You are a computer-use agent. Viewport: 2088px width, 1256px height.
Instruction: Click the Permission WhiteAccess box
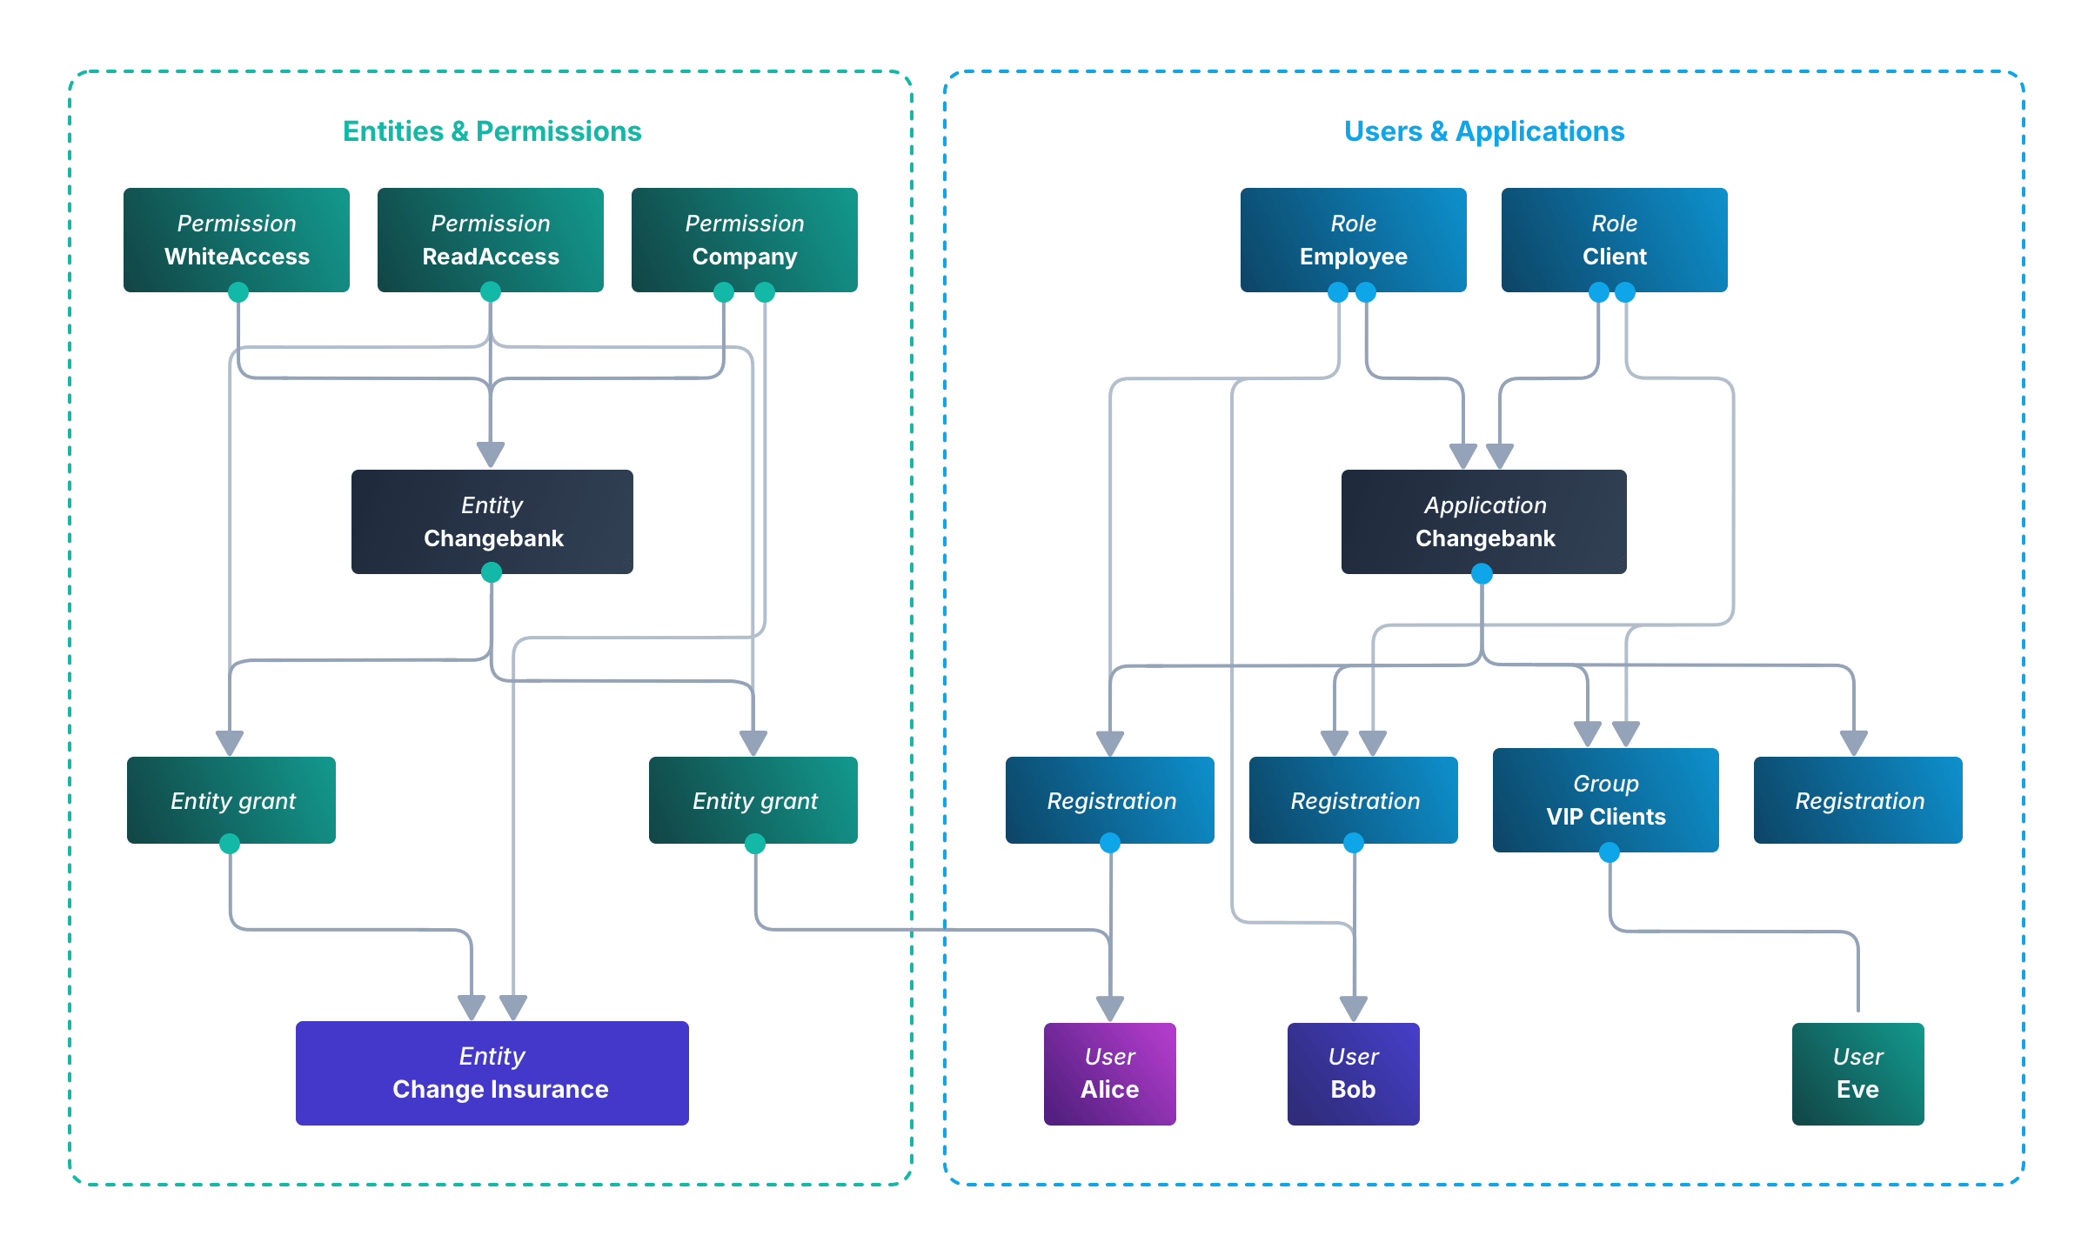(237, 239)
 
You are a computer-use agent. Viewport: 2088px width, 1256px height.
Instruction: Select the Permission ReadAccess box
(491, 239)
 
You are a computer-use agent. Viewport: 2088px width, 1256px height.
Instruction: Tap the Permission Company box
(744, 239)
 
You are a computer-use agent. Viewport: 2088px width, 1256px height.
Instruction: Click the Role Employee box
(1353, 239)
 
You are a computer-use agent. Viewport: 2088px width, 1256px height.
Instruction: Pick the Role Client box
(1614, 239)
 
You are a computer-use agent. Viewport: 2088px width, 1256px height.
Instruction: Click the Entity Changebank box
(492, 521)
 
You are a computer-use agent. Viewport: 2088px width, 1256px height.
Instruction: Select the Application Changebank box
(1483, 521)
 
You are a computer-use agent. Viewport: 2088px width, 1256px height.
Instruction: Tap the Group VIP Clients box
(1605, 799)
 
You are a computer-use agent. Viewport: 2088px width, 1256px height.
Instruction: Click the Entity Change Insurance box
(492, 1072)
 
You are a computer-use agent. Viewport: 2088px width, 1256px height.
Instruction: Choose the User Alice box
(1109, 1073)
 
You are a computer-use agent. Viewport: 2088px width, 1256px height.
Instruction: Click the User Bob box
(1353, 1073)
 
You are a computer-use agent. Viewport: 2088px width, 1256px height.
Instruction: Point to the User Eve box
(1857, 1073)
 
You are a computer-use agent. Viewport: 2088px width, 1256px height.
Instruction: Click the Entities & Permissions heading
(492, 131)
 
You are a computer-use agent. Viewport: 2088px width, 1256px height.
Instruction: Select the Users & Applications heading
(1484, 131)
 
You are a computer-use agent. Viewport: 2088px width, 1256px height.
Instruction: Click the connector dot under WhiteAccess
(238, 293)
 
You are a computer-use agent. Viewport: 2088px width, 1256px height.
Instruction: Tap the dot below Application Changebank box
(1482, 574)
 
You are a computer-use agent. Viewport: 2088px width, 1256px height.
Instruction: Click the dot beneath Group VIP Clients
(1609, 853)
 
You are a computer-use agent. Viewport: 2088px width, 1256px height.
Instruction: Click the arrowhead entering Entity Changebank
(491, 455)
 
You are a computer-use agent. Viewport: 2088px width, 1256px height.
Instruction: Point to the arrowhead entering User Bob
(1354, 1009)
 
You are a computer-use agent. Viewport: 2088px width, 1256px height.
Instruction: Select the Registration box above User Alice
(1109, 799)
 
